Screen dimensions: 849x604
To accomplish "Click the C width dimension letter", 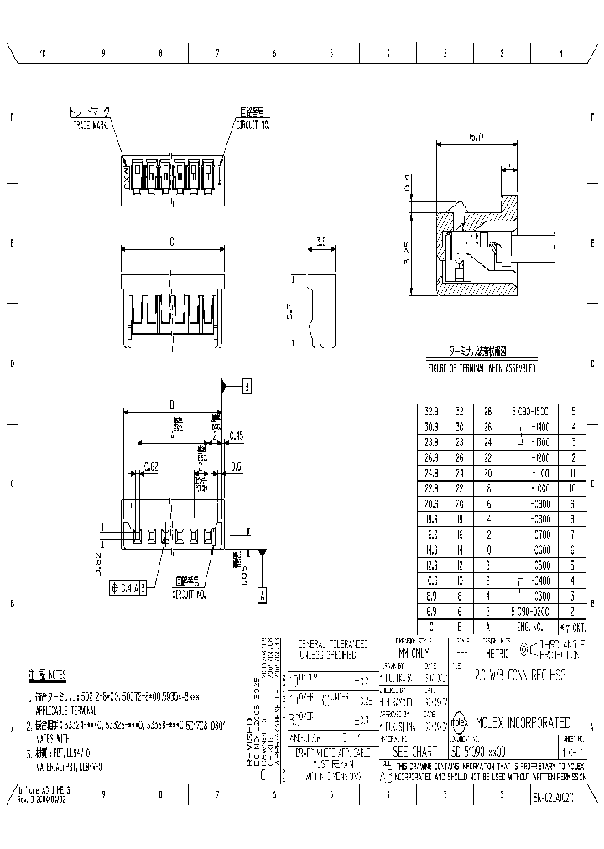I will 171,242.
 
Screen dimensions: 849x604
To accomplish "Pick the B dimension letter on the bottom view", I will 172,404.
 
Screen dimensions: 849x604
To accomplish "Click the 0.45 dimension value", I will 236,435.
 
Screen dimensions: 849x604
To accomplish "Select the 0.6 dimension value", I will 236,466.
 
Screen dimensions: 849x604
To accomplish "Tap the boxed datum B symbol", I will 247,386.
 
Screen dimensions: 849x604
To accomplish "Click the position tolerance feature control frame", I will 130,588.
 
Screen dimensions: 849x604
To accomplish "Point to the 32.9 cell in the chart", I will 431,412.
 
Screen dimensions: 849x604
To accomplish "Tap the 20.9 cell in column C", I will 431,503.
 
